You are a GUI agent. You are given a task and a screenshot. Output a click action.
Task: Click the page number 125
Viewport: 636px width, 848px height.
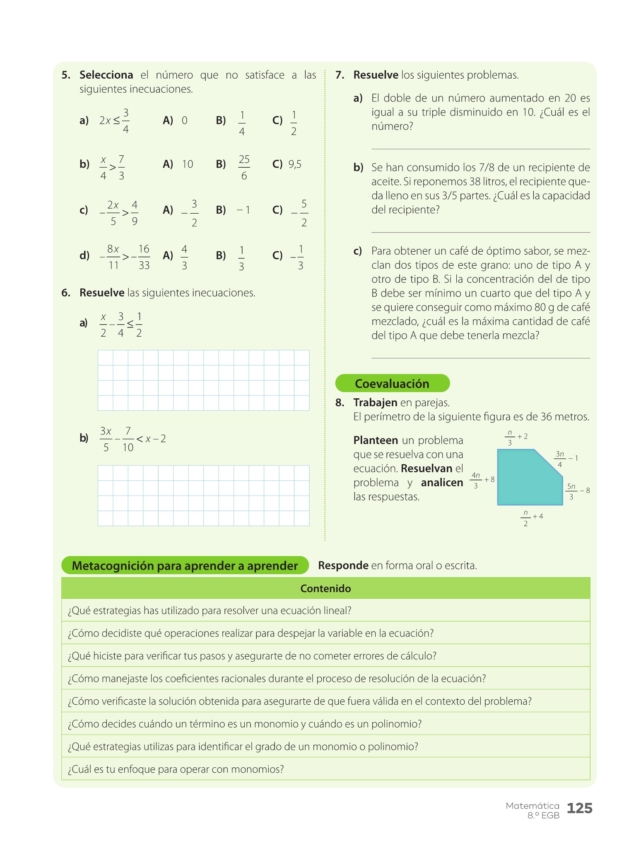[579, 808]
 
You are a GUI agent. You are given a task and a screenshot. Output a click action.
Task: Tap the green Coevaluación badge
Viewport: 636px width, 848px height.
[392, 383]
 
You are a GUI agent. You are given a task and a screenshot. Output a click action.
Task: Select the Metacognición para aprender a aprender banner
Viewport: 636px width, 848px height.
[185, 566]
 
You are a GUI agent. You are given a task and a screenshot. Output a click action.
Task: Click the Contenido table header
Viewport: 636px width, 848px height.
[325, 588]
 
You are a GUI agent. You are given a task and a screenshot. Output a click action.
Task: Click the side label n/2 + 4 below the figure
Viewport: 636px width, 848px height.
[532, 518]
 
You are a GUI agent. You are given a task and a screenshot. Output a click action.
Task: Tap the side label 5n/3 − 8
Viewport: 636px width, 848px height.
[578, 491]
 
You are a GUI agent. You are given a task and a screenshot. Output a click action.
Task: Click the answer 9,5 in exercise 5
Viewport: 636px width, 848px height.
[295, 164]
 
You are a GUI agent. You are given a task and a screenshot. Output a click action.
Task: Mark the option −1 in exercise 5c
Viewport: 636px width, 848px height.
[243, 210]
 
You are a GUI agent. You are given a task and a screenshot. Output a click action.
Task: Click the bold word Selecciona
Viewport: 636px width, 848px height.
[106, 75]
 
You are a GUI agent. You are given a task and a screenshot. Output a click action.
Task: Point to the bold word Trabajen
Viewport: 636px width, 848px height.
[375, 402]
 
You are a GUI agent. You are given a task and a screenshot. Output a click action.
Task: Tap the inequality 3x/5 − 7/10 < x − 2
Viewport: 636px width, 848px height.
[132, 439]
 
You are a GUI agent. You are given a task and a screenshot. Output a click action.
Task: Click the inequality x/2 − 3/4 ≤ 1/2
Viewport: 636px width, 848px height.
[121, 325]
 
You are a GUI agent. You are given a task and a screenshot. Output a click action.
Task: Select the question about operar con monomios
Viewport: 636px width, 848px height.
[176, 769]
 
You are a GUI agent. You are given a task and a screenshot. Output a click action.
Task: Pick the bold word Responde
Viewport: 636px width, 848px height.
[343, 566]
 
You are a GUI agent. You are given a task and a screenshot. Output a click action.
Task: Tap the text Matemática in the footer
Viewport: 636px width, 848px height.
[532, 806]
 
